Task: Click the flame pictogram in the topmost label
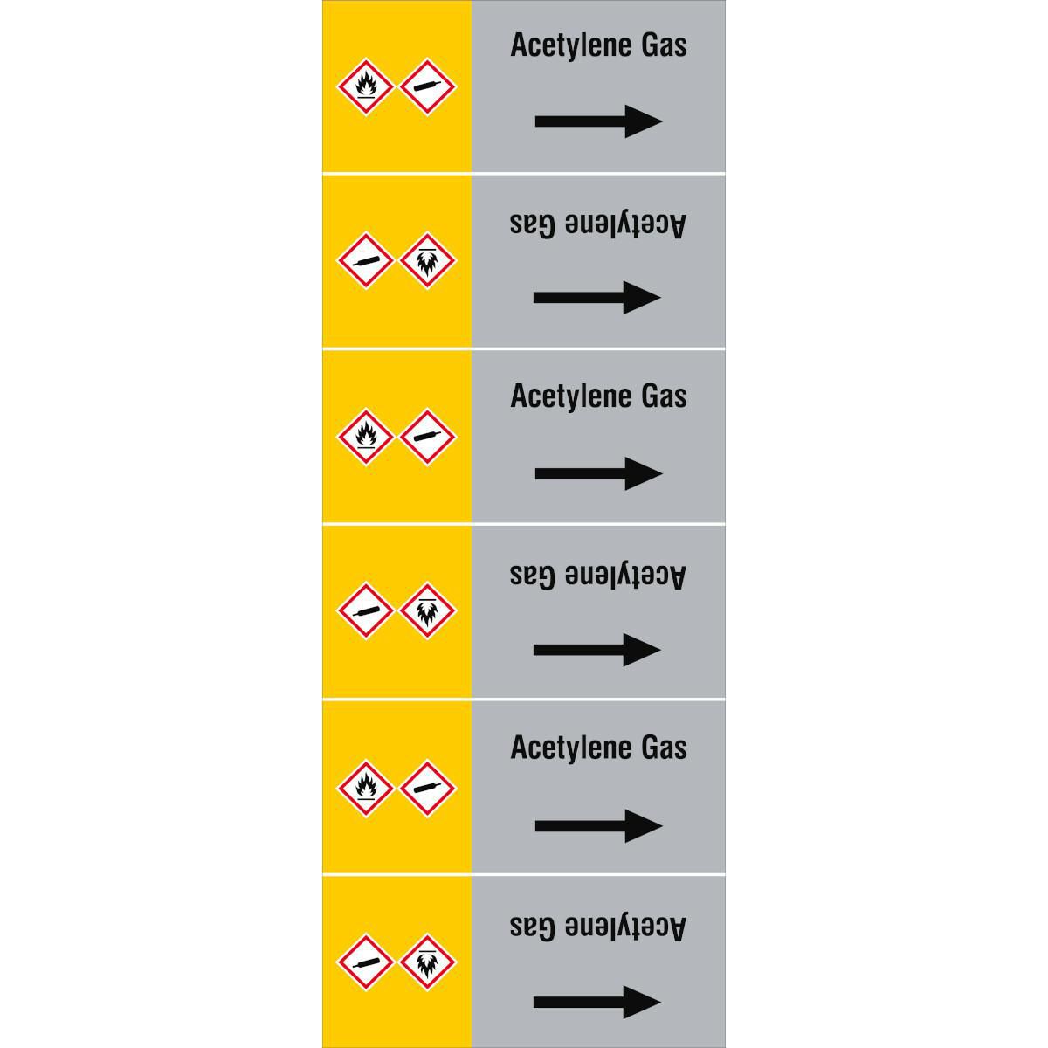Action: click(365, 86)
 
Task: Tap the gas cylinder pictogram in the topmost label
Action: click(427, 86)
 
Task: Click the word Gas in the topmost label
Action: click(664, 45)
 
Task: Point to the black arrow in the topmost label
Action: click(598, 121)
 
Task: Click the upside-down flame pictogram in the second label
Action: click(427, 260)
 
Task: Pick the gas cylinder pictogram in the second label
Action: click(365, 260)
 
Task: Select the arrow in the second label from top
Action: click(596, 298)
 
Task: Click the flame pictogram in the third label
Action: click(365, 437)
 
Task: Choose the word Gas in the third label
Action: click(664, 396)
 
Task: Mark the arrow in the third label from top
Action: click(598, 473)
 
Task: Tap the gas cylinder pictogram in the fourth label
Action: click(365, 610)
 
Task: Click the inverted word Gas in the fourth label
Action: click(533, 576)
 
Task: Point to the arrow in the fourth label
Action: click(596, 650)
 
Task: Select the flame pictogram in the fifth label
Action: click(365, 789)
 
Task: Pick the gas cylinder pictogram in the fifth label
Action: click(427, 789)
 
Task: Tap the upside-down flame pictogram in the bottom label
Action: click(427, 962)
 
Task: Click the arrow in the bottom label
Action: click(596, 1002)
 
